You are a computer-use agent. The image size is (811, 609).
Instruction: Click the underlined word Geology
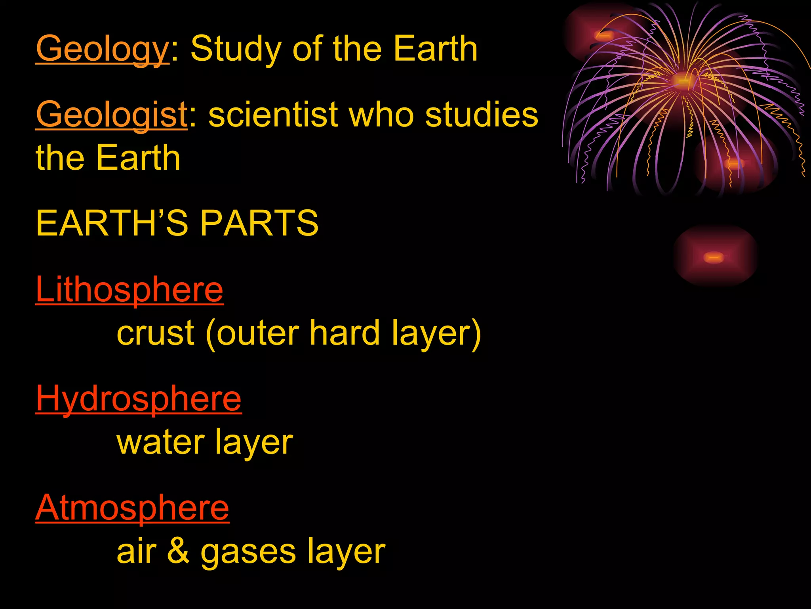click(x=102, y=49)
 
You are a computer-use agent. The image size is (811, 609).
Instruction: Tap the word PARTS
click(x=259, y=223)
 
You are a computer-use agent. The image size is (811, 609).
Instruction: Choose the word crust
click(x=155, y=333)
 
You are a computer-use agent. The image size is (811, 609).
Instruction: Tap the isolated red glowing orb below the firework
click(x=714, y=257)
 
